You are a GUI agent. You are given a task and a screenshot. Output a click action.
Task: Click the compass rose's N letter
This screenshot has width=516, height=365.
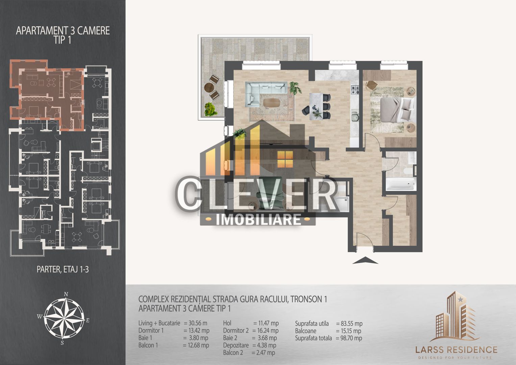67,294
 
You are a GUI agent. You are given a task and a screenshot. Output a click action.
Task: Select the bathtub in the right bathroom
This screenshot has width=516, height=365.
400,185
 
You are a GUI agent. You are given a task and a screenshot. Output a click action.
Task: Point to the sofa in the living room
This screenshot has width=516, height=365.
266,92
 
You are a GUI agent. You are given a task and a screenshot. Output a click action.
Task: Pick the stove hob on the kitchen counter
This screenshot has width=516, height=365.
355,90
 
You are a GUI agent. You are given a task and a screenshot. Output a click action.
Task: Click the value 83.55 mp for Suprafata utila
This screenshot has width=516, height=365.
349,324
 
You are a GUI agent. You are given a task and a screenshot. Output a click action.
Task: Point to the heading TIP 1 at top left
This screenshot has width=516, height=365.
63,40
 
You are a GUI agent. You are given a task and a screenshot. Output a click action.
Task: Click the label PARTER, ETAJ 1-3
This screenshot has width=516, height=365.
63,269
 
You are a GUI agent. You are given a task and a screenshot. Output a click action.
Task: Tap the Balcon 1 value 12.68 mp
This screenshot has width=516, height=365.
196,345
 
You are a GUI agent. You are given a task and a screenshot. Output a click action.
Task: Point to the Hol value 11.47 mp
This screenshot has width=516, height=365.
266,323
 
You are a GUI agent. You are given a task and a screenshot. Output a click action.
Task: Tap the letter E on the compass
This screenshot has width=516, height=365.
88,320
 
